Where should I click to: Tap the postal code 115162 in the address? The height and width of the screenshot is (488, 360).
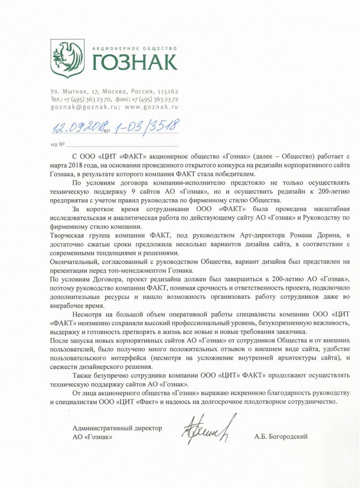click(167, 91)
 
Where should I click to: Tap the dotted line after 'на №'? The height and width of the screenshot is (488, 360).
click(122, 144)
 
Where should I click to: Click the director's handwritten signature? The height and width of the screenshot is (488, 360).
click(208, 427)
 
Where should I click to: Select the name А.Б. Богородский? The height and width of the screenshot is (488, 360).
click(281, 436)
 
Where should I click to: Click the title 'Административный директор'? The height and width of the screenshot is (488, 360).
click(117, 428)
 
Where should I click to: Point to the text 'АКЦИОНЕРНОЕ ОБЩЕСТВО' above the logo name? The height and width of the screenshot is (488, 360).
click(134, 48)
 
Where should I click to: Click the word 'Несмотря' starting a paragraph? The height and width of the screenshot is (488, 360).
click(86, 315)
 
